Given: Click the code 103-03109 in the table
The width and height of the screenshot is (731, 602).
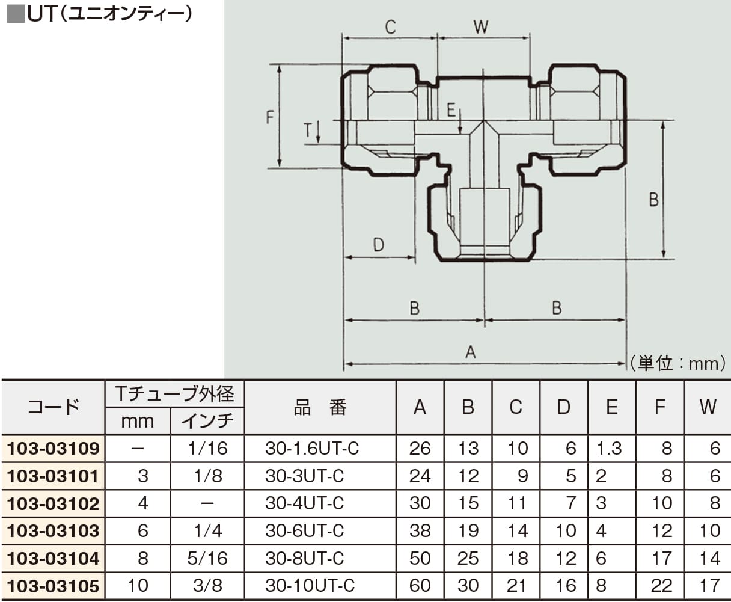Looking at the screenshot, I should coord(53,449).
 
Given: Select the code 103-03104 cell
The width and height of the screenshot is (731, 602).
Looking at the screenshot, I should coord(53,559).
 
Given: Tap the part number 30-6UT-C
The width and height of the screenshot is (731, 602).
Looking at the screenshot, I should coord(304,531).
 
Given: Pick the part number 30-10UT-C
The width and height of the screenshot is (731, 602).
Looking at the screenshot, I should coord(310,586).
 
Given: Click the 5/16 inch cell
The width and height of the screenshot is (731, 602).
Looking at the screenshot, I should coord(207,559).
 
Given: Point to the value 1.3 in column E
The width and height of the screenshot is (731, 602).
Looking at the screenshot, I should coord(609,449).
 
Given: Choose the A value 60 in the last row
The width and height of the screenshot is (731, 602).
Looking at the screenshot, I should coord(420,586).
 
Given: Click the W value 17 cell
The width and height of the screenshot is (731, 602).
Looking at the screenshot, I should coord(709,586).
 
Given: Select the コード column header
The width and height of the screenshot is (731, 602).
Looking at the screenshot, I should coord(53,407).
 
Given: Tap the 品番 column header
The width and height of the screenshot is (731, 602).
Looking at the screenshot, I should coord(320,407).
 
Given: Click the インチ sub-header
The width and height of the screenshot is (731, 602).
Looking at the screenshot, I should coord(207,421).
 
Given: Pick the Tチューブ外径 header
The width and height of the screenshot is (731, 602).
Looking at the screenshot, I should coord(174,394).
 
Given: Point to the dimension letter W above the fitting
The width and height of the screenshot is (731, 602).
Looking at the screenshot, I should coord(481,27).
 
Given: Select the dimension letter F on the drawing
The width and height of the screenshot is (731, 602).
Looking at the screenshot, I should coord(270,117).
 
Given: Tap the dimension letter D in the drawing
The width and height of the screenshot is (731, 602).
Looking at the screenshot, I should coord(378,245).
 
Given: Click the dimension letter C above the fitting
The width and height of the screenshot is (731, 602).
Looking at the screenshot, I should coord(391,27).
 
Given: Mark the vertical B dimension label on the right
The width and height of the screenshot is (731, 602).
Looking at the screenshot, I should coord(654,199).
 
